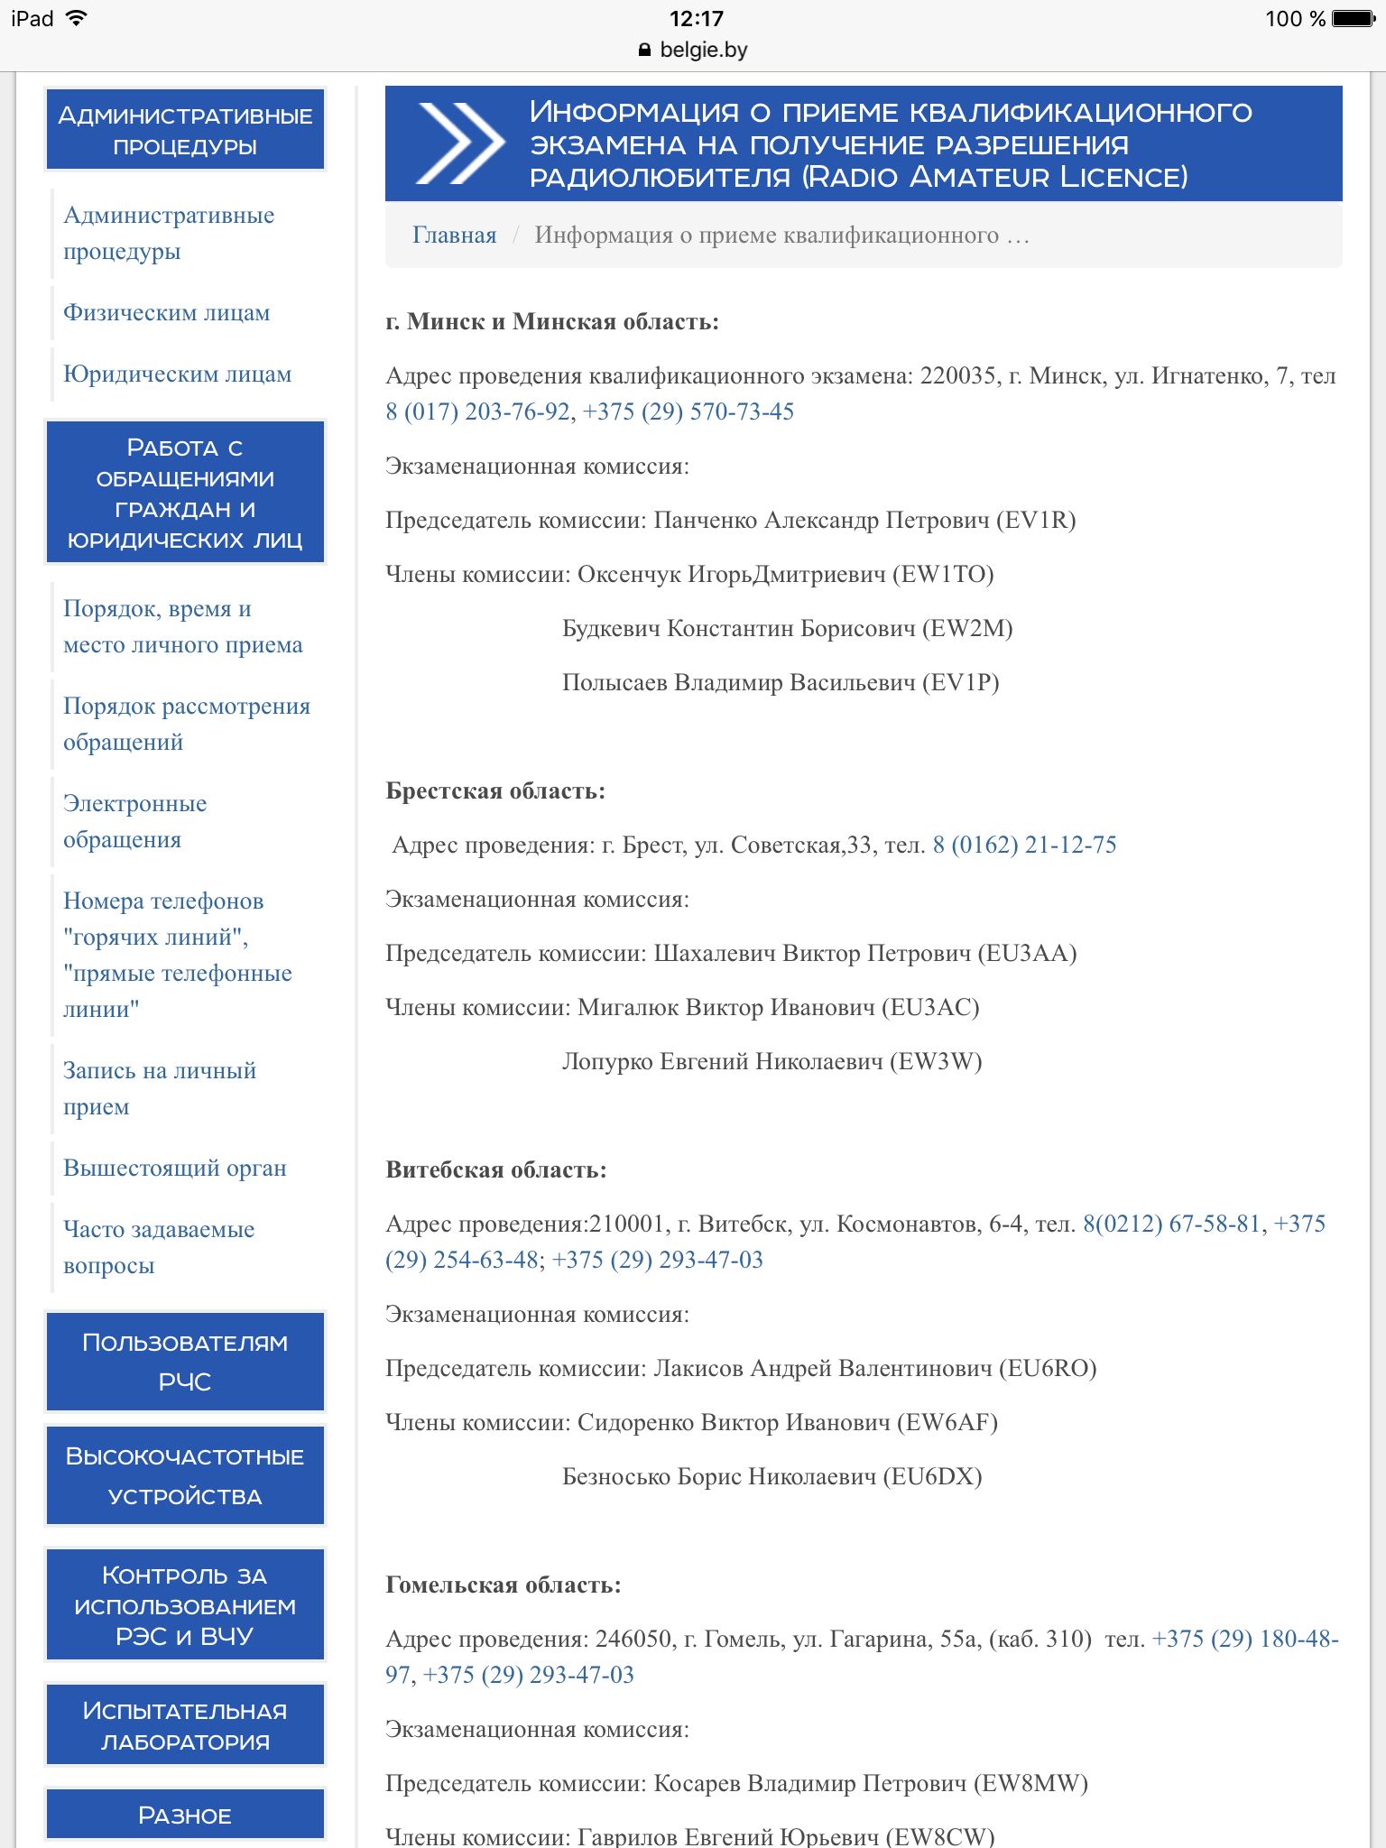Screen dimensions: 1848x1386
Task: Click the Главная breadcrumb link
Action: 454,236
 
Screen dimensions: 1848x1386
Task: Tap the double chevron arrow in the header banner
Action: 460,143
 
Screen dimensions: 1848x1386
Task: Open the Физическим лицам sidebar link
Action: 166,313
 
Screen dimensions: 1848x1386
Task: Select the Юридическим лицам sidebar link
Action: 177,374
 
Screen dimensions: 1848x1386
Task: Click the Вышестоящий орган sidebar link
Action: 174,1169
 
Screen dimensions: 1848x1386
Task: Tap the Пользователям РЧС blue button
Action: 185,1362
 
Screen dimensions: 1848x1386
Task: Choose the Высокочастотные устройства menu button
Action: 185,1476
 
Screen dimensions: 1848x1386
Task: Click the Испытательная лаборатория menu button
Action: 185,1725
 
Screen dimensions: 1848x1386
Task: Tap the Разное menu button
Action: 185,1815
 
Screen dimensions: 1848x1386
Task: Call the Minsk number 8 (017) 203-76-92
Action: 477,412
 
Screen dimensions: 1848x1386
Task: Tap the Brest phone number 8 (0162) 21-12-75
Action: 1024,845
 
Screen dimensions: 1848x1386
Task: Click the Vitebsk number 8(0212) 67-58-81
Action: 1171,1224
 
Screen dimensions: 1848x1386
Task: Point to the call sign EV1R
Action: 1036,521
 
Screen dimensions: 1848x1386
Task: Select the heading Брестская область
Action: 494,791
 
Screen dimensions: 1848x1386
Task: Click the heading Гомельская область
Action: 503,1585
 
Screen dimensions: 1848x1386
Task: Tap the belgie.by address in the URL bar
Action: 703,51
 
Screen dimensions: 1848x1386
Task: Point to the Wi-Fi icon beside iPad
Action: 77,18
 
